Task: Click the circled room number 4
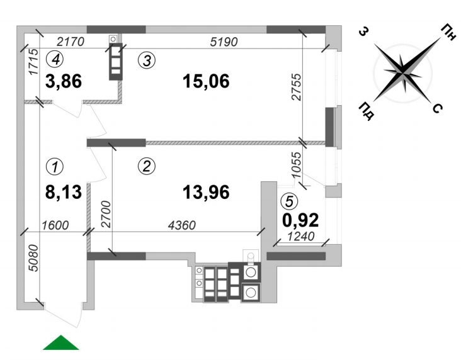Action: point(55,60)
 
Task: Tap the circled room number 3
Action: point(147,60)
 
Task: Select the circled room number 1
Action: point(55,167)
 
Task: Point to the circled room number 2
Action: point(147,166)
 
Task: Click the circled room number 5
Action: point(289,201)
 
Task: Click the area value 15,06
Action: point(206,81)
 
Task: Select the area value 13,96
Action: point(206,192)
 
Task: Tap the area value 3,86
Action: point(64,81)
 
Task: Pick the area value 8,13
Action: point(64,192)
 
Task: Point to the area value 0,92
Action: point(300,220)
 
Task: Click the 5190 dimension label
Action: point(224,42)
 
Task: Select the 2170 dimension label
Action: point(71,42)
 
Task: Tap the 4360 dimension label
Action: point(182,225)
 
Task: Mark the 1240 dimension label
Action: point(301,236)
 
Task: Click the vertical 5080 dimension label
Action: point(33,258)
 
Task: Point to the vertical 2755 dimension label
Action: point(297,87)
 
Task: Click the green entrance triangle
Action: point(61,342)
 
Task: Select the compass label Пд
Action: point(367,111)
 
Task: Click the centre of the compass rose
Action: point(402,72)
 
